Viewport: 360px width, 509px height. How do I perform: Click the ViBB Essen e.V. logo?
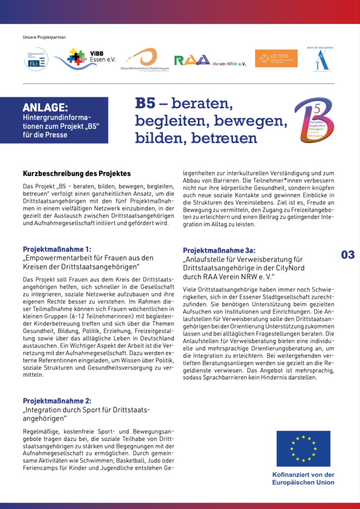tap(85, 59)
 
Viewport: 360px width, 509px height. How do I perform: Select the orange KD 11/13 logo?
tap(276, 58)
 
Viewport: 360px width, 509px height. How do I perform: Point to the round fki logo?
tap(36, 59)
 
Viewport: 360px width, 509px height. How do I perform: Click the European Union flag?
tap(303, 448)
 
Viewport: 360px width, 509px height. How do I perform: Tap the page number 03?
tap(348, 255)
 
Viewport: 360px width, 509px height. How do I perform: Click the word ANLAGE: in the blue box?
tap(45, 107)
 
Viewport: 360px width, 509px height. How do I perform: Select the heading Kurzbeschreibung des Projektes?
tap(77, 173)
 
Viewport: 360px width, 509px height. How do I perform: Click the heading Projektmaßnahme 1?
tap(57, 249)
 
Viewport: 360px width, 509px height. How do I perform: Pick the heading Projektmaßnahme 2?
tap(57, 401)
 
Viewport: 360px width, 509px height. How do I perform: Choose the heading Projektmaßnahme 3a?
tap(219, 251)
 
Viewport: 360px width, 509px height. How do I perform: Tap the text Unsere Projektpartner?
tap(45, 38)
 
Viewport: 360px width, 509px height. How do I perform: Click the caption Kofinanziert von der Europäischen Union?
tap(303, 478)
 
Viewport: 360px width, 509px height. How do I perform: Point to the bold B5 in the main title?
tap(145, 103)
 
